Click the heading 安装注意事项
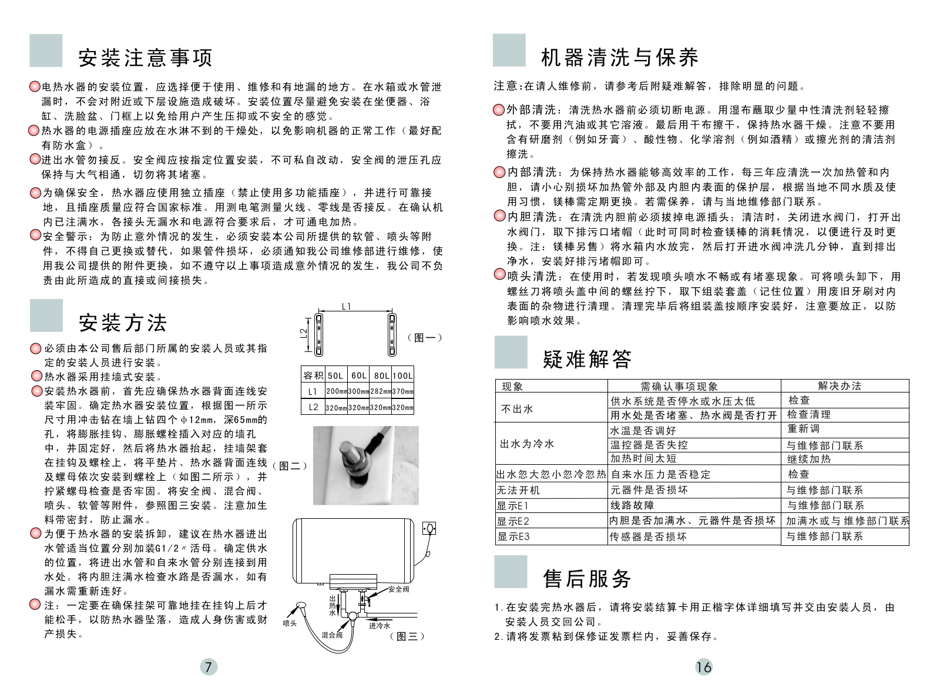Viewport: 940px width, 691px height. click(145, 58)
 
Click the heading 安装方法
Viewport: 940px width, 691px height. click(123, 323)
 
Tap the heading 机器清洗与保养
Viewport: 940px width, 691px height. click(620, 58)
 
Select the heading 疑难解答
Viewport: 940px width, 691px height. click(587, 358)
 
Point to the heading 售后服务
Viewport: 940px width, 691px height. click(587, 579)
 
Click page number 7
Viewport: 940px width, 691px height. click(208, 666)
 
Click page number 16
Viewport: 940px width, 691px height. click(703, 666)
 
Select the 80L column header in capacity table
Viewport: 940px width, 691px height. click(381, 375)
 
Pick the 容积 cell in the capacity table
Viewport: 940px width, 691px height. click(313, 375)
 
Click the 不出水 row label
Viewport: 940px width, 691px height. click(517, 409)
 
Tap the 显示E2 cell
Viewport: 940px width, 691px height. click(513, 521)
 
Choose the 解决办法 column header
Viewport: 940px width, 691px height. click(840, 386)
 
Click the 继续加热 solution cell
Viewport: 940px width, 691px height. click(809, 459)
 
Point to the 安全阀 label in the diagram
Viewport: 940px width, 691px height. click(398, 589)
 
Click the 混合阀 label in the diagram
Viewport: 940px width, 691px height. click(332, 635)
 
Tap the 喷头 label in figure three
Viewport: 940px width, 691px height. click(290, 623)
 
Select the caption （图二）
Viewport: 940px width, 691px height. click(290, 466)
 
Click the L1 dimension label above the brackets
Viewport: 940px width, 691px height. click(347, 306)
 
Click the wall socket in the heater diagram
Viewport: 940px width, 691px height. click(429, 529)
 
